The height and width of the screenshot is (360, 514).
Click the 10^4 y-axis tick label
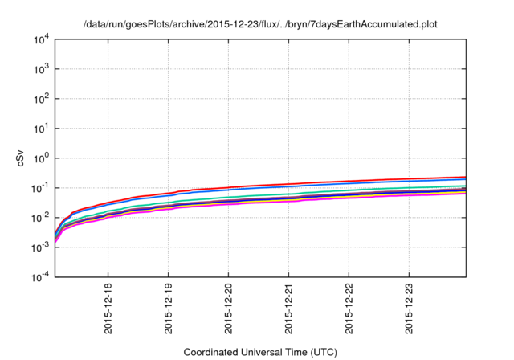coord(42,39)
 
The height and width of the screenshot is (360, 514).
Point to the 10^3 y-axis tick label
coord(42,69)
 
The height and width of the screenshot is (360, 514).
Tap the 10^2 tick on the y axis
coord(42,99)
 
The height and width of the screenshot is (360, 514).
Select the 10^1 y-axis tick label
coord(42,129)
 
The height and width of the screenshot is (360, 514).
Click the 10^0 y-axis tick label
coord(42,158)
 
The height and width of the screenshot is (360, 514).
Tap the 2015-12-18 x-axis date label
coord(108,309)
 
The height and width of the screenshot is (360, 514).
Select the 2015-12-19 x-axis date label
coord(168,309)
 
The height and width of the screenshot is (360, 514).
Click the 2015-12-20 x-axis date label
coord(228,309)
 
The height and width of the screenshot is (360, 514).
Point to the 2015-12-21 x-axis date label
coord(288,309)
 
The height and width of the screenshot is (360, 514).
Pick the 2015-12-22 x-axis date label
coord(349,309)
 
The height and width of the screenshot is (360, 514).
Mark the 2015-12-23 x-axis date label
coord(409,309)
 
